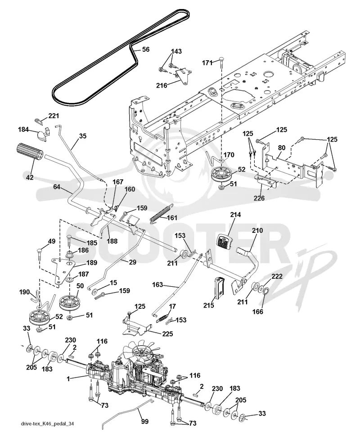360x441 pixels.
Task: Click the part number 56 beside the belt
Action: coord(146,49)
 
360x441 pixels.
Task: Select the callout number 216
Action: coord(162,85)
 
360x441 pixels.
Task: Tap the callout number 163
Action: coord(157,285)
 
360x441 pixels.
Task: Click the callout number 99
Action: coord(144,421)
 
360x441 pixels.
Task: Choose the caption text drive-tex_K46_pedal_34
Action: coord(47,423)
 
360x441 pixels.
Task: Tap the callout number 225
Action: coord(167,334)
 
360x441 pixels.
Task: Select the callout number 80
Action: coord(281,148)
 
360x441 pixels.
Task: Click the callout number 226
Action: coord(259,198)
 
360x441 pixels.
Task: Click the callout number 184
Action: coord(23,129)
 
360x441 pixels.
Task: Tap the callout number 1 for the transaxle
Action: coord(68,379)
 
